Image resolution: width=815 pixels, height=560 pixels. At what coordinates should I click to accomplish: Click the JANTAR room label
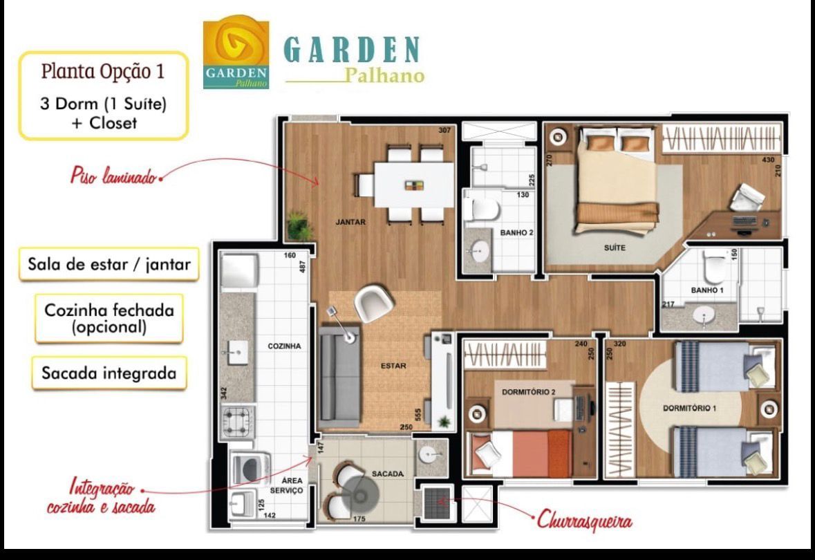pyautogui.click(x=350, y=222)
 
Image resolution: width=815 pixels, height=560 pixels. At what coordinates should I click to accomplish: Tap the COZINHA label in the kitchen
pyautogui.click(x=284, y=346)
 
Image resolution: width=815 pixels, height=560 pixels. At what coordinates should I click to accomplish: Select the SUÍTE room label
pyautogui.click(x=615, y=248)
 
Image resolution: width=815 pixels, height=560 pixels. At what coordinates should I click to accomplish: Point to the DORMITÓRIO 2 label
pyautogui.click(x=529, y=392)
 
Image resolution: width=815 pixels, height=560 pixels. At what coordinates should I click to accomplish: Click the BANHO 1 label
pyautogui.click(x=707, y=290)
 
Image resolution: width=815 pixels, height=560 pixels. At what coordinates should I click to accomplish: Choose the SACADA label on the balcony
pyautogui.click(x=388, y=474)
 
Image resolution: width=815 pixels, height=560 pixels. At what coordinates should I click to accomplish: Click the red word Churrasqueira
pyautogui.click(x=584, y=519)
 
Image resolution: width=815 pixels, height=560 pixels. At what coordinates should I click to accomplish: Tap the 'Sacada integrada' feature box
pyautogui.click(x=109, y=373)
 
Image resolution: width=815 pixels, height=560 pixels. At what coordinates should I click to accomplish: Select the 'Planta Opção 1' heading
pyautogui.click(x=103, y=71)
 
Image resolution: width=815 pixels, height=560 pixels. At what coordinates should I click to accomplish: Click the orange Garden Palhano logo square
pyautogui.click(x=236, y=53)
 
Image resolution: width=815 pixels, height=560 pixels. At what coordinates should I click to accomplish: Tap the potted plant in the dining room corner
pyautogui.click(x=299, y=225)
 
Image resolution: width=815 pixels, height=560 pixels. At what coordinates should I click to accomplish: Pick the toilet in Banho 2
pyautogui.click(x=481, y=209)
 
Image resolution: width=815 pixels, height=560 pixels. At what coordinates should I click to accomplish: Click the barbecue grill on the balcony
pyautogui.click(x=435, y=503)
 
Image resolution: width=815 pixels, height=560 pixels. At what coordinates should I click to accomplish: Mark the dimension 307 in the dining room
pyautogui.click(x=444, y=130)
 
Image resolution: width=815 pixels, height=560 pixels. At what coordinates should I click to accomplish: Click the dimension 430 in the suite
pyautogui.click(x=768, y=160)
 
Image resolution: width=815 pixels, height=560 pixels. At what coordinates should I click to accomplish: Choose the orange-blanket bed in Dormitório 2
pyautogui.click(x=520, y=452)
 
